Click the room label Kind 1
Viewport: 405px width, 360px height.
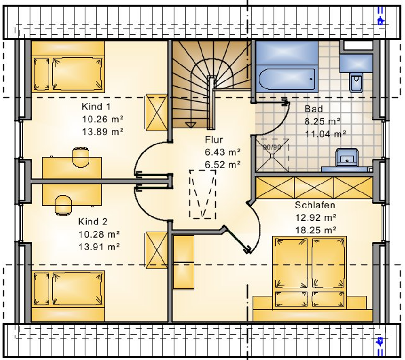click(x=96, y=106)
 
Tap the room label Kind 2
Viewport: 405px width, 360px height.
click(x=93, y=222)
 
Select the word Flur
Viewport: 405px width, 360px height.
click(x=214, y=140)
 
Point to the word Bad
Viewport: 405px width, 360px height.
click(x=314, y=109)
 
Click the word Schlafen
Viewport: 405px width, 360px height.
click(x=315, y=205)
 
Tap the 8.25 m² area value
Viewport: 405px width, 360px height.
click(x=322, y=121)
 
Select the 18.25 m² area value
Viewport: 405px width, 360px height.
click(x=316, y=230)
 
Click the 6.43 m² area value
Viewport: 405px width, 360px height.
click(x=223, y=152)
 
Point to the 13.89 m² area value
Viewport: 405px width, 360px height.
click(x=103, y=132)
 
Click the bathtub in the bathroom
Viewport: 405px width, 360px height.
click(x=287, y=79)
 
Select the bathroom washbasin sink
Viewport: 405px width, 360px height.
click(x=347, y=158)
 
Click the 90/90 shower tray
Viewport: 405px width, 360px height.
click(x=272, y=155)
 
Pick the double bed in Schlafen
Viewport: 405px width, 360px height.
click(x=310, y=272)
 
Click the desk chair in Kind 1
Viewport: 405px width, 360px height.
click(x=81, y=157)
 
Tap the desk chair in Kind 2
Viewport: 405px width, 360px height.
click(x=63, y=205)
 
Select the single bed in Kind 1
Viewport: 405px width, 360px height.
click(x=68, y=74)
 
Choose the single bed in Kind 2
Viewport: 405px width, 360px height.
click(x=68, y=289)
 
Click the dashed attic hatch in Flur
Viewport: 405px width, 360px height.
click(x=203, y=194)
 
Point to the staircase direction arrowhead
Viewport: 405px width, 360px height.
click(x=191, y=125)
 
